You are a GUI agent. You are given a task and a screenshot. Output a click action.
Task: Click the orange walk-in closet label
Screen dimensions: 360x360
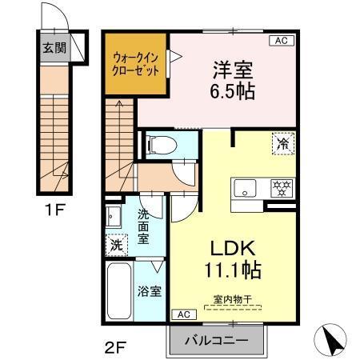coord(136,63)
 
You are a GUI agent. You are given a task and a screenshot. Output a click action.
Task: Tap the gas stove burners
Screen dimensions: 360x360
coord(281,189)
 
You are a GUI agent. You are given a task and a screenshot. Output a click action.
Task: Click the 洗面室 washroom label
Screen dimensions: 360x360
coord(142,226)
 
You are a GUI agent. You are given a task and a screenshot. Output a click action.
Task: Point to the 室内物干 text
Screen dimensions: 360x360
coord(232,300)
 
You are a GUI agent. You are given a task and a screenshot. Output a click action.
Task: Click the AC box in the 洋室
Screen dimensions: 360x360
coord(281,40)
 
